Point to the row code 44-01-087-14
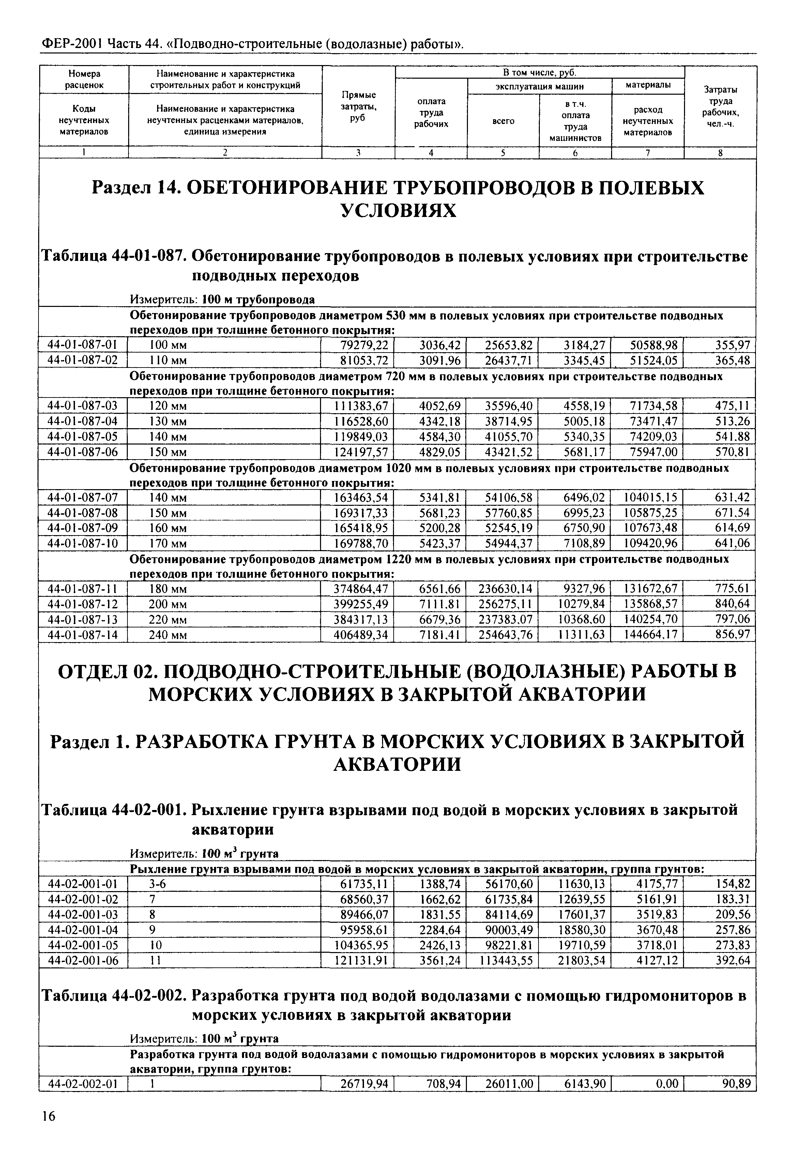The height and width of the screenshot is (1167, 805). (82, 635)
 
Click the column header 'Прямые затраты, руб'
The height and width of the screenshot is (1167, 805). (358, 106)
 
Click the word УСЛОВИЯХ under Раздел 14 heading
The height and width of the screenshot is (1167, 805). (398, 210)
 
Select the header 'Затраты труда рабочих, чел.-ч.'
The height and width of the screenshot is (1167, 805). (720, 106)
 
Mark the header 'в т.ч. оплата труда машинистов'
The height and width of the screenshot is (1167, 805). (575, 121)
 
